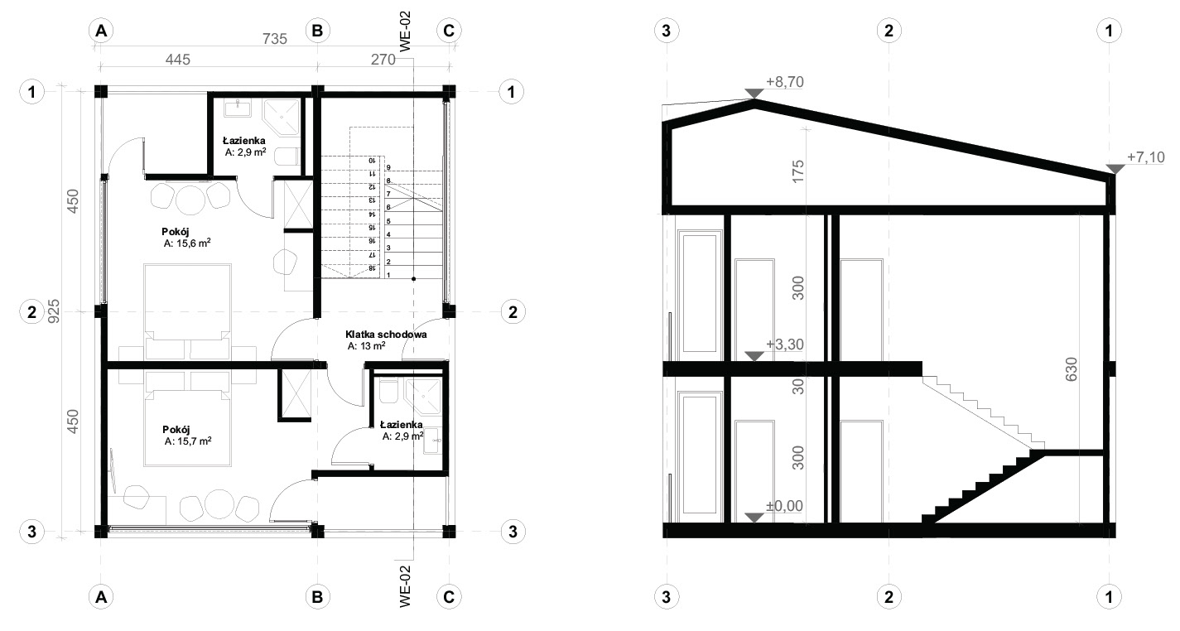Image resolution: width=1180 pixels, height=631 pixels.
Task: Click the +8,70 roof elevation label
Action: pos(784,82)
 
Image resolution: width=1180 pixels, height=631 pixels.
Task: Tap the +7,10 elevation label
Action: pos(1146,157)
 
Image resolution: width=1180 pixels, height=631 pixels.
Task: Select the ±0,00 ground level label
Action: pos(784,506)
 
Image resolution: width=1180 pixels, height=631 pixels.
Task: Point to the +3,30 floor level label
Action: pos(784,344)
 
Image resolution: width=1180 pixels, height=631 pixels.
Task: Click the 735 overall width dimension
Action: pos(275,38)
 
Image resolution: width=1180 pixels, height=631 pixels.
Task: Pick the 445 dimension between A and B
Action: pos(177,60)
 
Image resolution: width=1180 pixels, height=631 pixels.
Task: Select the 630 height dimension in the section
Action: pos(1071,369)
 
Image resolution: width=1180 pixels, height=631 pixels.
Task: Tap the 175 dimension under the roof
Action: pos(798,171)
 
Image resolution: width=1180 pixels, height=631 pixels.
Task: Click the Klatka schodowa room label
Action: pos(386,335)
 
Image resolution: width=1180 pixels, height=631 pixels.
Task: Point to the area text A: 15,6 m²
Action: pos(187,243)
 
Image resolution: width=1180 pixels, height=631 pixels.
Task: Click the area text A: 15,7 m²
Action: pos(188,441)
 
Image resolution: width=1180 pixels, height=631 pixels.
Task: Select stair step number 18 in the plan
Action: pos(371,268)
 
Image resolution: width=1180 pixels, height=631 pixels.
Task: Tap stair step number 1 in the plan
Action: pos(388,275)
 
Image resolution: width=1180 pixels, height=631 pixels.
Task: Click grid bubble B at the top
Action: pos(317,31)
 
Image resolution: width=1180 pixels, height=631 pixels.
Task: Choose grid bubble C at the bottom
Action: pos(449,597)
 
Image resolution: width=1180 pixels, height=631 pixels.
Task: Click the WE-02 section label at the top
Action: pos(405,31)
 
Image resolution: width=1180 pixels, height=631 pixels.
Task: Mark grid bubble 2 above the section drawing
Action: pos(889,31)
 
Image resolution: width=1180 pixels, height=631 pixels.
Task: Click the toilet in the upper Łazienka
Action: pos(287,157)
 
